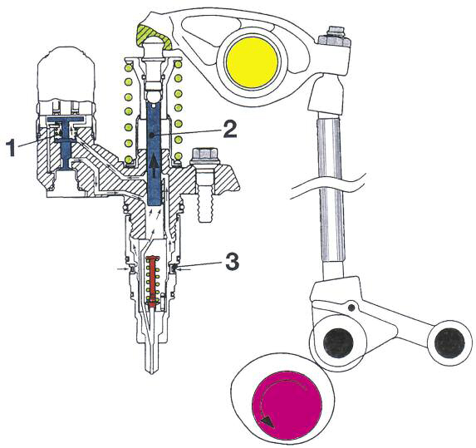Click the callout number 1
point(11,148)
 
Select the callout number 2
point(230,129)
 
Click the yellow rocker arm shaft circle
point(253,63)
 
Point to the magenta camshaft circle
point(287,405)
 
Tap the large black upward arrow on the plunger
point(155,165)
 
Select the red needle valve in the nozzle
point(153,283)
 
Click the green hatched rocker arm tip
point(155,35)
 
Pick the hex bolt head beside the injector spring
point(204,157)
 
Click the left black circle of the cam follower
point(338,342)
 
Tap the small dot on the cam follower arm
point(351,308)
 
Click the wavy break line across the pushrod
point(327,185)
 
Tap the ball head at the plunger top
point(155,46)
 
